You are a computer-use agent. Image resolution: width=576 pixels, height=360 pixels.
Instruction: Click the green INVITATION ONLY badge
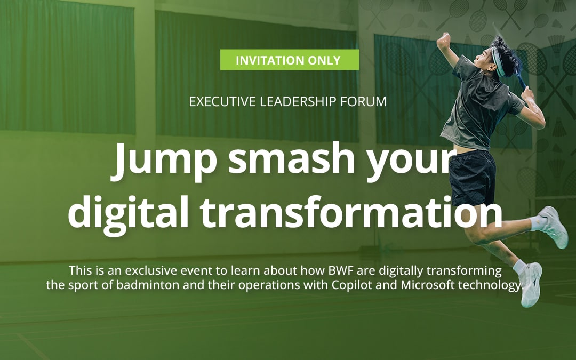pyautogui.click(x=290, y=60)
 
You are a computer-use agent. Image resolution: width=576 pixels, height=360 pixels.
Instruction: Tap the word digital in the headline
pyautogui.click(x=128, y=213)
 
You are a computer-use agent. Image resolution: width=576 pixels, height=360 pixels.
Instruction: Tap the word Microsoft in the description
pyautogui.click(x=428, y=285)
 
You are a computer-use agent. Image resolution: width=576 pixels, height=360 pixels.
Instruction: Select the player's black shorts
pyautogui.click(x=472, y=178)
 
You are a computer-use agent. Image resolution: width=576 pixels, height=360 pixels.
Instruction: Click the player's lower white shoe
pyautogui.click(x=531, y=284)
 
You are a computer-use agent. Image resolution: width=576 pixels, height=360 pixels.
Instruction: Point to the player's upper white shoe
pyautogui.click(x=554, y=226)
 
